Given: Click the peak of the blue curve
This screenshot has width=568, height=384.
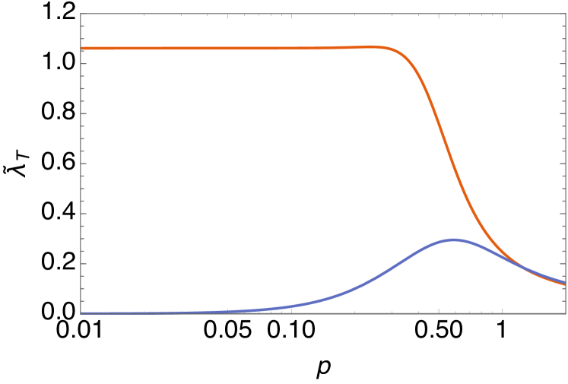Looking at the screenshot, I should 453,240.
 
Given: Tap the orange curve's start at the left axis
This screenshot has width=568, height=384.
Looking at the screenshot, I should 81,49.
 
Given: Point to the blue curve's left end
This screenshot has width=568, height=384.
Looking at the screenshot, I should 81,313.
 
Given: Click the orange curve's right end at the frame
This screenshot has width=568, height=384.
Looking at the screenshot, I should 565,284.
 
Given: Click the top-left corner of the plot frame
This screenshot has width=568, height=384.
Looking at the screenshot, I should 81,14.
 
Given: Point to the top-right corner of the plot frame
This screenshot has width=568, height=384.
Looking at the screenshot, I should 566,14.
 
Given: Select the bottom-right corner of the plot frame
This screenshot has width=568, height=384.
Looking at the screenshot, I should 566,313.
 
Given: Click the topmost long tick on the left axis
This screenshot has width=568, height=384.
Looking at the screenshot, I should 83,63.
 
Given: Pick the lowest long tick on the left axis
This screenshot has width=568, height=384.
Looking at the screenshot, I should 83,263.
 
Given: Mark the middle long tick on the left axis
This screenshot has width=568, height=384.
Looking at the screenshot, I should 83,163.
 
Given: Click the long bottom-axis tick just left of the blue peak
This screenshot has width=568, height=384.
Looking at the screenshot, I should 439,310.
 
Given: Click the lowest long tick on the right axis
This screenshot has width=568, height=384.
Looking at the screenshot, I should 563,263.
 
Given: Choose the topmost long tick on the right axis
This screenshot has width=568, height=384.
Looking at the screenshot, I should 563,63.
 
